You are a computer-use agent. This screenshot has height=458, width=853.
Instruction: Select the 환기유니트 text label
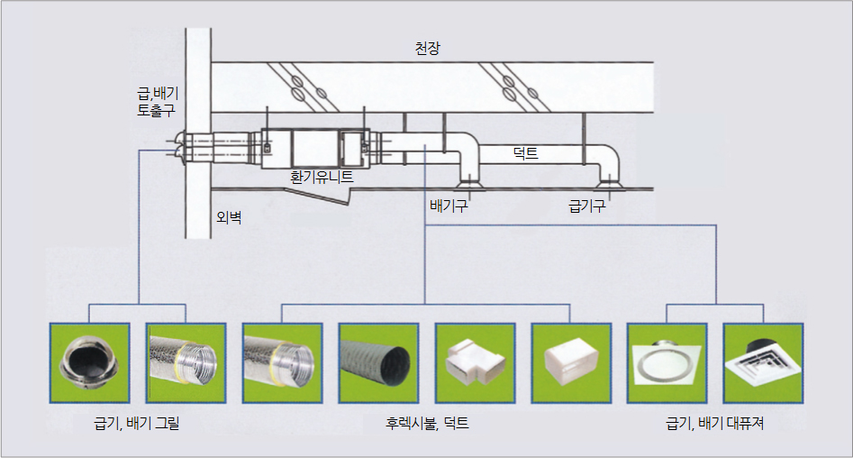click(322, 178)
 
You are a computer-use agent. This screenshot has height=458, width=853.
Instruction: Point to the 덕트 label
click(524, 153)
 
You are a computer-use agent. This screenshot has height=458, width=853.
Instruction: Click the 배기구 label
click(449, 206)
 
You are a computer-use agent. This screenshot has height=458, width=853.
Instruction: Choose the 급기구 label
click(586, 206)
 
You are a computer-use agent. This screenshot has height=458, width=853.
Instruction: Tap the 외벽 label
click(230, 216)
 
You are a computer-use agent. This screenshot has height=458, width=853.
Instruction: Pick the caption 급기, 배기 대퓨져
click(714, 422)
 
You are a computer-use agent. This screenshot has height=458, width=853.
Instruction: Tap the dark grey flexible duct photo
click(377, 361)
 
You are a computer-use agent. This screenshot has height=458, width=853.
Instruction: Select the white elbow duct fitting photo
click(474, 361)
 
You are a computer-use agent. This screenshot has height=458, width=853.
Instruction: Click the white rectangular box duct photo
click(570, 361)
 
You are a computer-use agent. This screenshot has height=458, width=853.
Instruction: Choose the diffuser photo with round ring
click(667, 361)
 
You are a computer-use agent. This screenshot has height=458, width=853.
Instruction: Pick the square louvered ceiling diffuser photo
click(762, 361)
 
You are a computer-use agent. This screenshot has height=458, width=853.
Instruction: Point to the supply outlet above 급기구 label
click(609, 183)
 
